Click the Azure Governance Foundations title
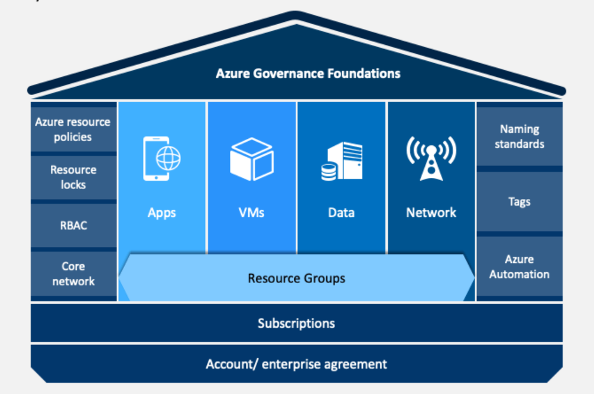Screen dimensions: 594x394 (x=308, y=73)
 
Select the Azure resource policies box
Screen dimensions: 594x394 (x=73, y=129)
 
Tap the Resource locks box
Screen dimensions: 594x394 (x=73, y=178)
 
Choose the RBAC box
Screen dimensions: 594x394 (x=73, y=226)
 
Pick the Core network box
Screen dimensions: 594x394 (x=73, y=273)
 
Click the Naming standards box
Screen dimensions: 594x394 (x=520, y=136)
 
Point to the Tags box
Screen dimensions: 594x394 (x=520, y=202)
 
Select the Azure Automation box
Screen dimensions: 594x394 (x=520, y=266)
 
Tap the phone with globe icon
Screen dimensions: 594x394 (x=162, y=158)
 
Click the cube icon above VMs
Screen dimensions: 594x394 (x=252, y=159)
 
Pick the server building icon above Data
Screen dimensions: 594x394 (x=342, y=161)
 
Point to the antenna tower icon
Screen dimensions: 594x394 (x=431, y=158)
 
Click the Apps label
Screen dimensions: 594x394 (x=162, y=213)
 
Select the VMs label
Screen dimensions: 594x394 (x=252, y=213)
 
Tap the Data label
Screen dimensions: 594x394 (x=341, y=213)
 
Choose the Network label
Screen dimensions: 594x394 (x=431, y=213)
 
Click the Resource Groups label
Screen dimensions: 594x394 (x=296, y=279)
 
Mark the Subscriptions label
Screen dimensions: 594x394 (x=296, y=324)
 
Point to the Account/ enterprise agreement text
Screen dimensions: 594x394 (x=296, y=364)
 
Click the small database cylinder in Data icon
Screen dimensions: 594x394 (x=329, y=172)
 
